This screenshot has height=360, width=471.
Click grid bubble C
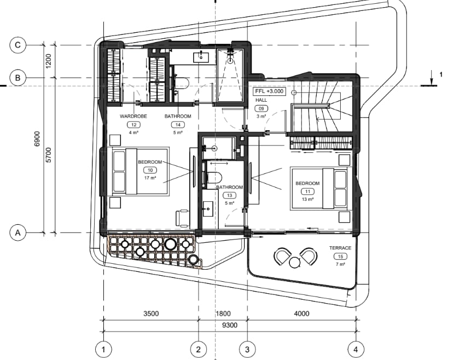click(x=18, y=45)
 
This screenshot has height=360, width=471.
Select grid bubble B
click(x=18, y=78)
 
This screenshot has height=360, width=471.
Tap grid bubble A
click(x=18, y=233)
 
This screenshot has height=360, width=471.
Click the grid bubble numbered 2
click(x=198, y=350)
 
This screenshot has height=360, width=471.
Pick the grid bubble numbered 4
click(x=356, y=350)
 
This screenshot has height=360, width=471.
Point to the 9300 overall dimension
click(x=230, y=325)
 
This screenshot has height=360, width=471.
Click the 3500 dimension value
click(x=151, y=313)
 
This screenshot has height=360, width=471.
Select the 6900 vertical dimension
click(x=37, y=139)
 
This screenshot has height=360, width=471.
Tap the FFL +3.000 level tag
click(x=269, y=91)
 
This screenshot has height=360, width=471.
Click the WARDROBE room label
click(x=133, y=117)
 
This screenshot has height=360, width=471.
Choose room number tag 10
click(x=150, y=170)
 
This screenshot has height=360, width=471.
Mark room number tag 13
click(x=230, y=195)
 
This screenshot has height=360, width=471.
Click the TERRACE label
click(x=340, y=248)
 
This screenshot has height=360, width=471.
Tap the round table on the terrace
click(x=295, y=262)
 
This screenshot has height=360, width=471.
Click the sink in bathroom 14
click(x=201, y=56)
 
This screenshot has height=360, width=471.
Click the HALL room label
click(x=261, y=100)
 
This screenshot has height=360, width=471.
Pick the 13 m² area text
click(x=307, y=199)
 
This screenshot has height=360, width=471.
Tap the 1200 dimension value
click(x=48, y=61)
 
